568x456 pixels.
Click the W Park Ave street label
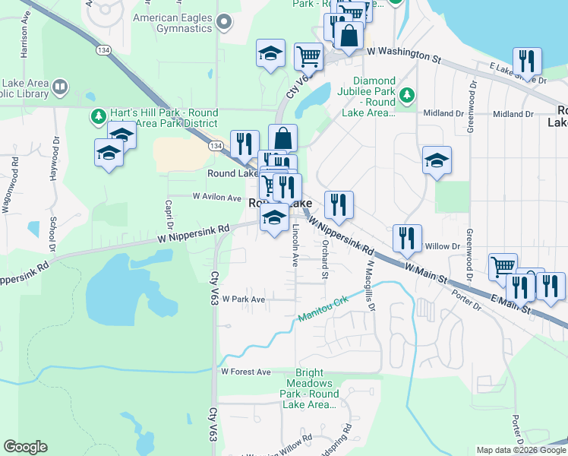pos(243,299)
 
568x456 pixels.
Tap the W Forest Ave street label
pos(245,372)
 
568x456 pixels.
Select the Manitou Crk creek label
pos(323,311)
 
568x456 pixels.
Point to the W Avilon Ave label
pos(216,196)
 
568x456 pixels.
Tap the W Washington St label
pos(403,53)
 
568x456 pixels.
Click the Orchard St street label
pos(324,261)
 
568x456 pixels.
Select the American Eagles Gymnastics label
pos(172,22)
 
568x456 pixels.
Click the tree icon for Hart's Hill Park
pos(97,117)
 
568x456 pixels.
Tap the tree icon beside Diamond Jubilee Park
pos(408,94)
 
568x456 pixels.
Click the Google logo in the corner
pos(25,447)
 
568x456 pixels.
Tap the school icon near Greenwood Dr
pos(437,160)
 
